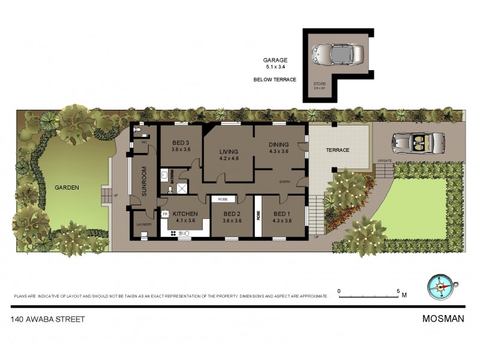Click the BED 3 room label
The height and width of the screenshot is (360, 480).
(181, 142)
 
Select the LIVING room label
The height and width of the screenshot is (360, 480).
(229, 151)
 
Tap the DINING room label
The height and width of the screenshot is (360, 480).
(279, 145)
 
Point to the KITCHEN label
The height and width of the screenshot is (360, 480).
(185, 213)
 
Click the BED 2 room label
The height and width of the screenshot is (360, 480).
(232, 214)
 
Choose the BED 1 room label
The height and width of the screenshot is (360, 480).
(281, 214)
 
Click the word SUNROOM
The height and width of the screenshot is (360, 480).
(144, 179)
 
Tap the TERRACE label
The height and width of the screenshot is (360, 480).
(337, 150)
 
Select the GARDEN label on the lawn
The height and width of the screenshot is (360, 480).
(67, 187)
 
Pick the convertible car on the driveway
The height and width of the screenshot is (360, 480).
(419, 143)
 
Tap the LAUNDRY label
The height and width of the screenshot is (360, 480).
(145, 224)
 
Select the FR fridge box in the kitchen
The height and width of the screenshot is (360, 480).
(165, 213)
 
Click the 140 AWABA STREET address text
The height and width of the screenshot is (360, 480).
(47, 319)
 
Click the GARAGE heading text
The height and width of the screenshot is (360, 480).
(275, 60)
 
